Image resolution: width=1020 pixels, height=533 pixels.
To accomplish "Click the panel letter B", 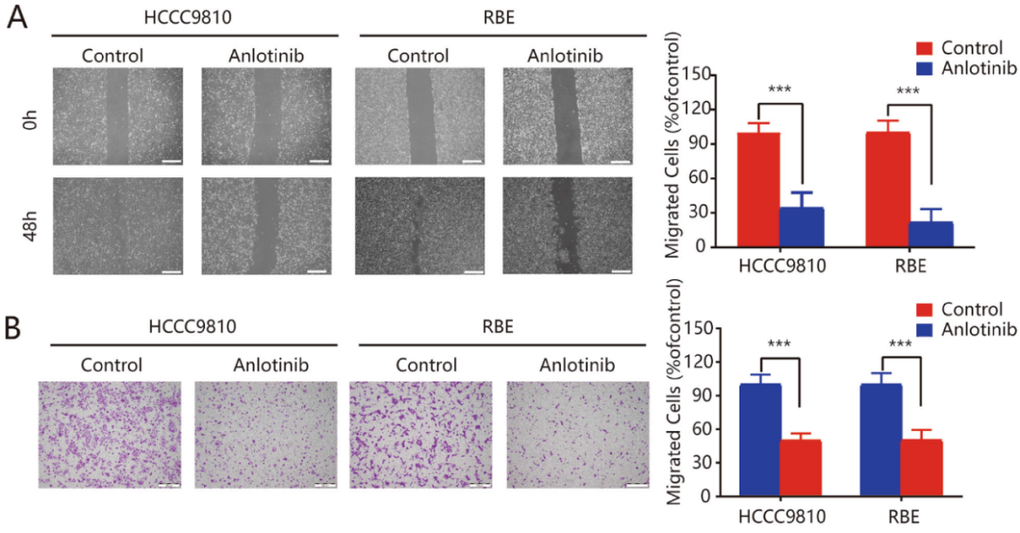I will click(x=17, y=330).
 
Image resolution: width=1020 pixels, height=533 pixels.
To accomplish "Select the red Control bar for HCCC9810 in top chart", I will click(x=758, y=190).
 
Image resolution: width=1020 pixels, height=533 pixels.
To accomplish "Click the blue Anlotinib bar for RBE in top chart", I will click(x=931, y=234).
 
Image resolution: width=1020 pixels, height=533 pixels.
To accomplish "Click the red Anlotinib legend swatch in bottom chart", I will click(x=924, y=329).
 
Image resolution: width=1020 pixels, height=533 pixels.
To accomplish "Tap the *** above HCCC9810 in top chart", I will click(x=779, y=91).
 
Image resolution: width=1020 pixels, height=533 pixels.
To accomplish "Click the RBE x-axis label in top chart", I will click(x=909, y=265).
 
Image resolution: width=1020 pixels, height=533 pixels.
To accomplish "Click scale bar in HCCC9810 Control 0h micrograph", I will click(x=171, y=161).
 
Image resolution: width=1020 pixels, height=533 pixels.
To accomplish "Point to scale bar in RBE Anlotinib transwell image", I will click(x=636, y=485).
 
